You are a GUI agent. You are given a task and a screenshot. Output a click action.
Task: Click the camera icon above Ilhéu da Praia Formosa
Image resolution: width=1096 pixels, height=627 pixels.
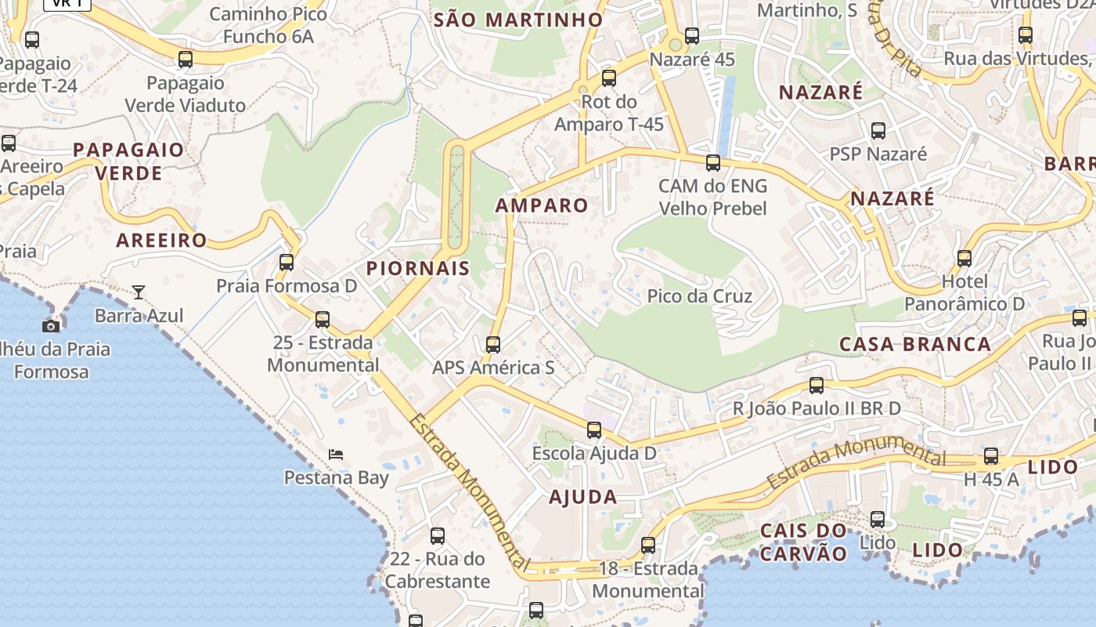coord(51,326)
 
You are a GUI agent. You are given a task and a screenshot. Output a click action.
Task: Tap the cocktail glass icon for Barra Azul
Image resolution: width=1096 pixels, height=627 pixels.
coord(139,292)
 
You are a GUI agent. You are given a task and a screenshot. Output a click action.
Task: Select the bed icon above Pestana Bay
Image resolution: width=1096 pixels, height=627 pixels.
coord(336,454)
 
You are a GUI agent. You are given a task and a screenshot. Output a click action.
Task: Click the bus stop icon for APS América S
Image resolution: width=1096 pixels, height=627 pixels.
coord(493,344)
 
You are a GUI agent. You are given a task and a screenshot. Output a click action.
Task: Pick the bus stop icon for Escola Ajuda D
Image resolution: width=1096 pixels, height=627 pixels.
coord(594,429)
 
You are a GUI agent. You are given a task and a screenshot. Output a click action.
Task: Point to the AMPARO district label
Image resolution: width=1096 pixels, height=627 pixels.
coord(542,205)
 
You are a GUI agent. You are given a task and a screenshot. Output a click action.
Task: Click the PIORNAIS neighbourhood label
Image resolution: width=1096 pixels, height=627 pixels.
coord(418,268)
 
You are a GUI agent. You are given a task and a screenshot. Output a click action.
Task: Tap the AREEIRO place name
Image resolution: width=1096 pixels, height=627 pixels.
coord(161,241)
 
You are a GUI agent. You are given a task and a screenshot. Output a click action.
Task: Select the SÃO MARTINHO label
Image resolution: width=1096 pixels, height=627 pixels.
coord(518,20)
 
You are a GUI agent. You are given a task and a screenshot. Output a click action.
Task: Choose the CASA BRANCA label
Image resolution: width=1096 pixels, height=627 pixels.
coord(915,344)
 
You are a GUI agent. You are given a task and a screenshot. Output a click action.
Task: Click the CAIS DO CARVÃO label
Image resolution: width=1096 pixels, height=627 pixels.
coord(803,542)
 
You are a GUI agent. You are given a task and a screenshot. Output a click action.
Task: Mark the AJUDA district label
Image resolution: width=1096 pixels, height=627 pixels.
coord(583,496)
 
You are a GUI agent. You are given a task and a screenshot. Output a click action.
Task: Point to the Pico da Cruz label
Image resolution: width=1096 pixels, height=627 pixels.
coord(699,296)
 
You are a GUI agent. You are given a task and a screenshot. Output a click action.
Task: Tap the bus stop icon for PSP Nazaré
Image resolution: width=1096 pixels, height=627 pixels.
coord(878,130)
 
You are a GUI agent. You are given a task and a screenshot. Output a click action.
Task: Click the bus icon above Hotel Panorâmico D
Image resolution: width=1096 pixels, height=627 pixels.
coord(964,258)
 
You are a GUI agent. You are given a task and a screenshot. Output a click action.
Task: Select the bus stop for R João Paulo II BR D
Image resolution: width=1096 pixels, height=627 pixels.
coord(817,385)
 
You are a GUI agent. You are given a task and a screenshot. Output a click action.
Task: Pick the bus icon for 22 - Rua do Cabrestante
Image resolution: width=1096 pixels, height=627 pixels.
coord(438,536)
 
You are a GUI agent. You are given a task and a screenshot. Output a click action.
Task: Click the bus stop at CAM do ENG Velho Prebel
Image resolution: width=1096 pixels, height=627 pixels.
coord(713,163)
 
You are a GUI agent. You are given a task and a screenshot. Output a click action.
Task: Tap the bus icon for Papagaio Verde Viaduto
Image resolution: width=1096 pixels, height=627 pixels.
coord(186,59)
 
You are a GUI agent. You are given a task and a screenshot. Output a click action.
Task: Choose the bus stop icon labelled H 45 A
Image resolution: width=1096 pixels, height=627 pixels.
coord(991,456)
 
